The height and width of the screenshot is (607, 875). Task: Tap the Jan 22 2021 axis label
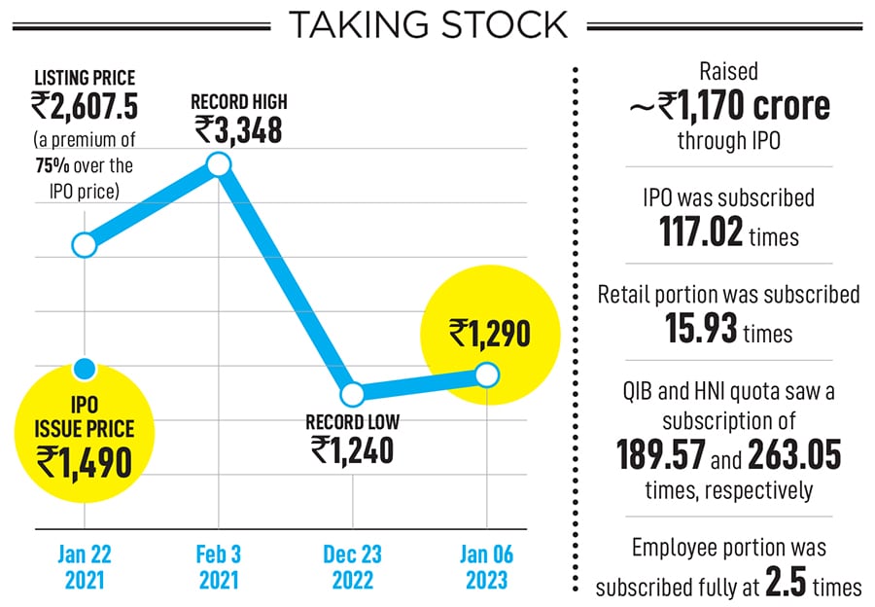tap(86, 567)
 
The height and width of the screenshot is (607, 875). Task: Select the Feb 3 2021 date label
tap(219, 567)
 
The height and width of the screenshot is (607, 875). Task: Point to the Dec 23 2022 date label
tap(353, 567)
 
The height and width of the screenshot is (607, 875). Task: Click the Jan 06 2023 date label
tap(486, 567)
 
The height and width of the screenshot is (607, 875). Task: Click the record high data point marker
tap(219, 164)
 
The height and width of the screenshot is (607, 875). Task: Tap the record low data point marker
tap(353, 394)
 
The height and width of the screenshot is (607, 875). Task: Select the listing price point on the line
tap(86, 243)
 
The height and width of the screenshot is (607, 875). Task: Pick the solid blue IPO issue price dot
tap(86, 369)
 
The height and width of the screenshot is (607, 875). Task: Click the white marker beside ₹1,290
tap(487, 375)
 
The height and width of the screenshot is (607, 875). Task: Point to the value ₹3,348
tap(238, 129)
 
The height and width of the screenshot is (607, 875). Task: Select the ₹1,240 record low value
tap(352, 449)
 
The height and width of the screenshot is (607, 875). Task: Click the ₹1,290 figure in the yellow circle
tap(490, 334)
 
